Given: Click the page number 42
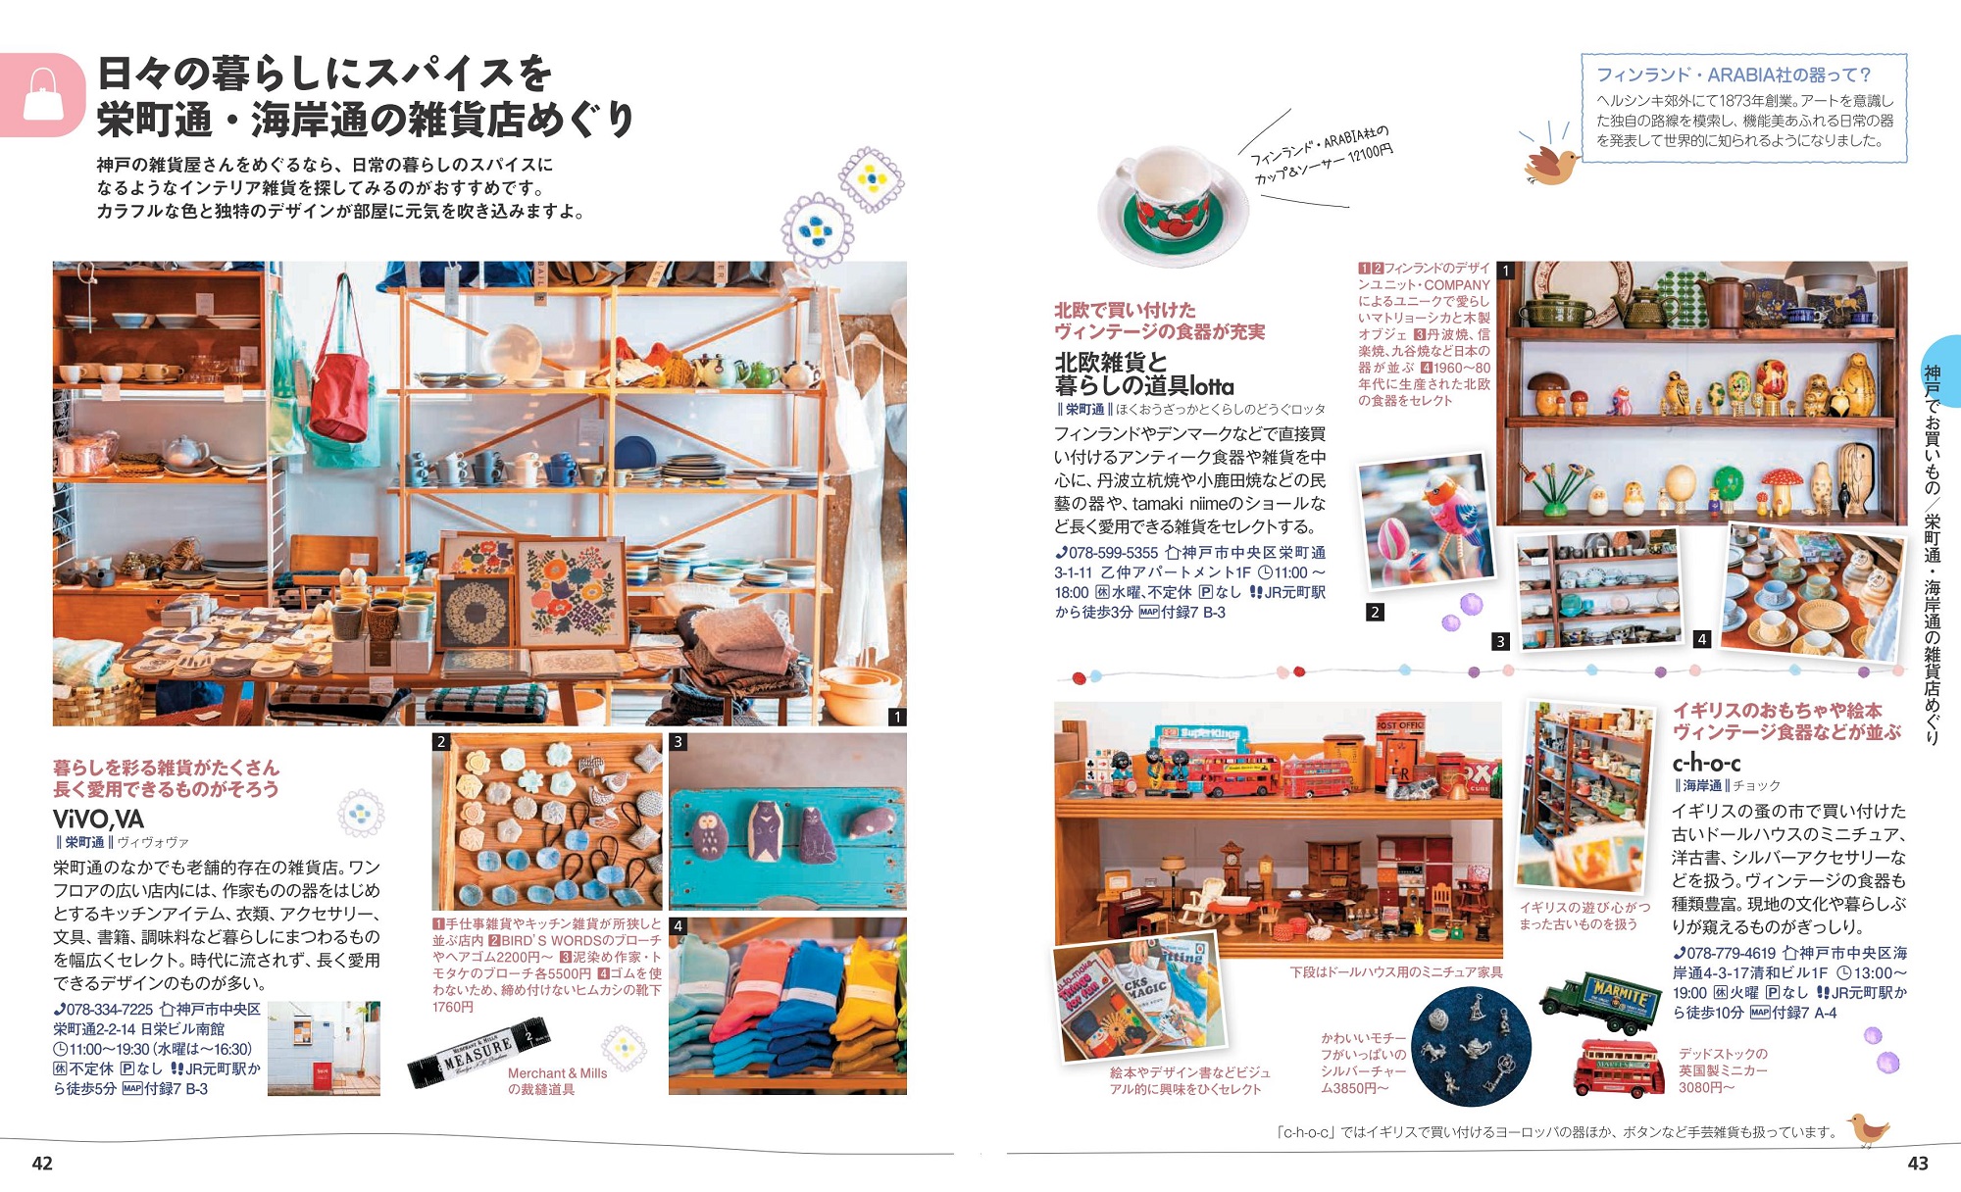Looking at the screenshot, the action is tap(42, 1164).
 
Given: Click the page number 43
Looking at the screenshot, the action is tap(1918, 1164).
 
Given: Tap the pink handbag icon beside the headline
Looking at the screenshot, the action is tap(42, 95).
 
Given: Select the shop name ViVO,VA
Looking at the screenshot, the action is tap(98, 819).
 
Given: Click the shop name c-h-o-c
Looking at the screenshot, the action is tap(1706, 763).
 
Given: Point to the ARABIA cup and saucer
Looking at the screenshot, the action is tap(1171, 207).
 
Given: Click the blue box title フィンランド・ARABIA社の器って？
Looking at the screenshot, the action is tap(1734, 74).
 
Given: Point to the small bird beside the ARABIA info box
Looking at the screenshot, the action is tap(1550, 166).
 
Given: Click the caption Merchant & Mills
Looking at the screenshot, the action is tap(557, 1073).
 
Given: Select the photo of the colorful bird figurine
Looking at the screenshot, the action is tap(1427, 524).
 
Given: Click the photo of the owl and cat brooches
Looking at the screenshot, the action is tap(787, 821).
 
